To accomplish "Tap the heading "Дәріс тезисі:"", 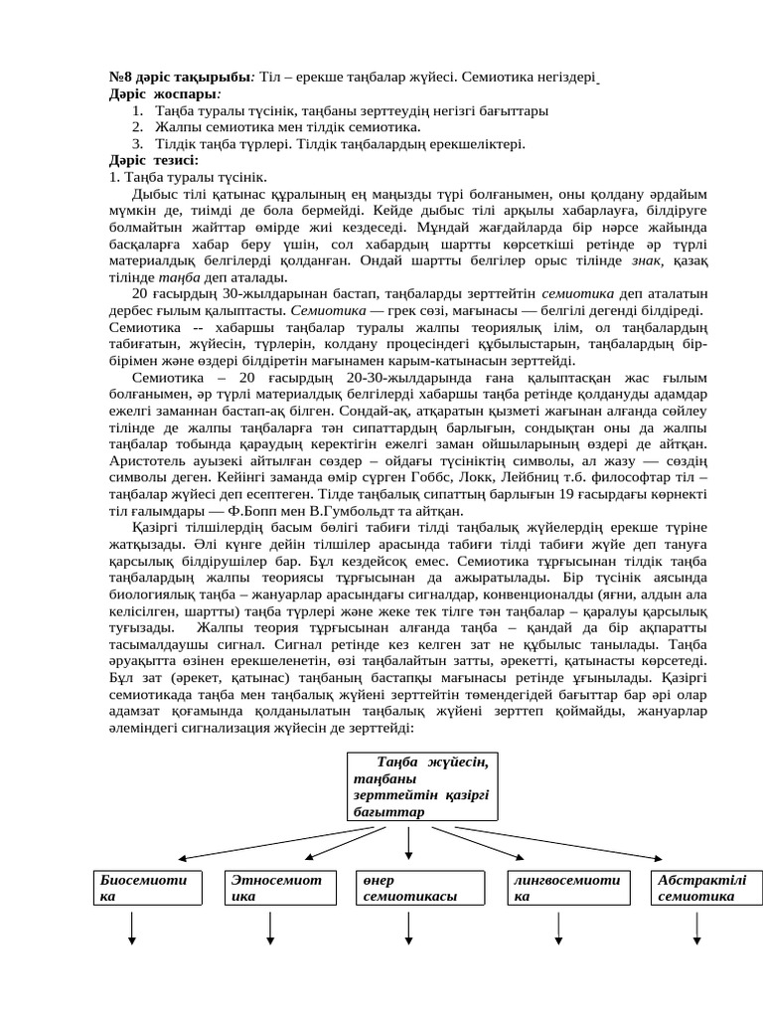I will pos(153,159).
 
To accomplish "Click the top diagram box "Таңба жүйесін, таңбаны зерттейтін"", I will pos(423,786).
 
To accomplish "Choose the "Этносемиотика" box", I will pos(275,888).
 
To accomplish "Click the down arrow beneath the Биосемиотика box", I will pos(132,931).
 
